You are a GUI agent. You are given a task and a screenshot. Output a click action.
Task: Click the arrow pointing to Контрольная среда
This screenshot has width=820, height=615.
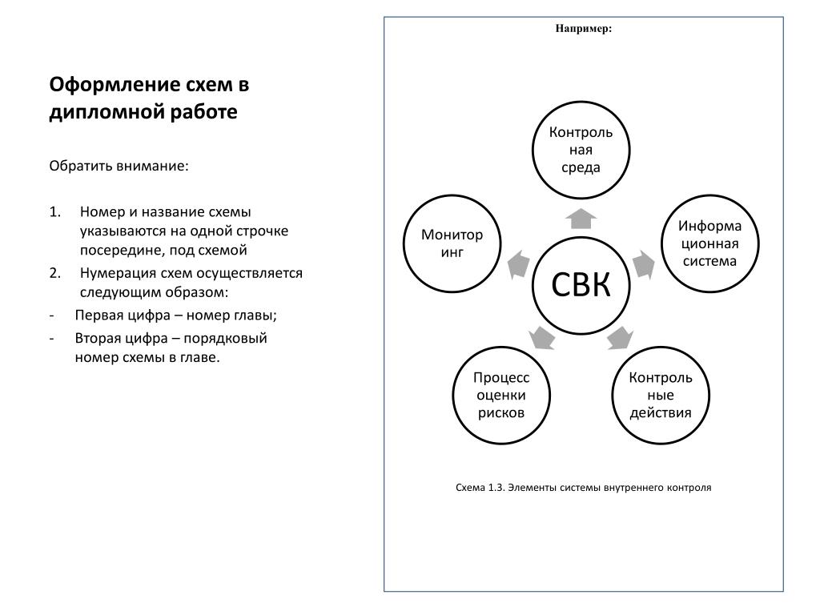(581, 219)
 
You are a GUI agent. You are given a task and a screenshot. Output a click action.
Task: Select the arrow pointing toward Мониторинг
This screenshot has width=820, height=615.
(518, 264)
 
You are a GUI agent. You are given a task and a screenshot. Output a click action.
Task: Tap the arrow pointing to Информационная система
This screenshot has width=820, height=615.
(644, 264)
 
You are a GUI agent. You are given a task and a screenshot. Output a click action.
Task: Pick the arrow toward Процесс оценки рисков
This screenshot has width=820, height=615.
(541, 337)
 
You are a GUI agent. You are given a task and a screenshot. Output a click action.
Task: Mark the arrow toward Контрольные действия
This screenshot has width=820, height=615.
(621, 337)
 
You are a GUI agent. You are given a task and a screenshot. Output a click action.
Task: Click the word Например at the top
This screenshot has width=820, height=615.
(581, 29)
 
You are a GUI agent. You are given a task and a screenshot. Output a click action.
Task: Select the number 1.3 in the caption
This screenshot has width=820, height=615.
(496, 488)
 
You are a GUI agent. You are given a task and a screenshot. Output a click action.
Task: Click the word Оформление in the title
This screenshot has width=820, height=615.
(111, 85)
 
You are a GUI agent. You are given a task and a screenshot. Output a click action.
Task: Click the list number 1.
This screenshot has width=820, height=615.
(54, 211)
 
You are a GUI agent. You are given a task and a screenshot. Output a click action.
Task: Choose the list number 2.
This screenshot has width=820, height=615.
(54, 273)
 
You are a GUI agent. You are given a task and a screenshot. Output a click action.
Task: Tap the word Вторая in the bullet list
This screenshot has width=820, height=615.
(98, 339)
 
